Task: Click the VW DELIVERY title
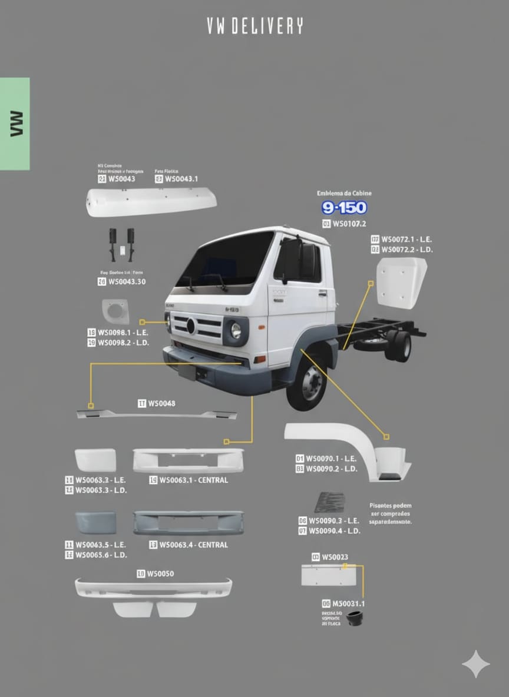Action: (x=254, y=26)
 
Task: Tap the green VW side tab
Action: (x=15, y=124)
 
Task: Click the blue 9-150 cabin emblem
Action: (x=344, y=208)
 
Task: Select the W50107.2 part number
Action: (x=349, y=224)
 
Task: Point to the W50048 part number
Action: (x=161, y=403)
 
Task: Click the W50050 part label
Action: (x=160, y=573)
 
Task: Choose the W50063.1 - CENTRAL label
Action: (x=193, y=480)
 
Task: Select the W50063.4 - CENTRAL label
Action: (x=193, y=545)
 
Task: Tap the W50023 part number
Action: (x=334, y=557)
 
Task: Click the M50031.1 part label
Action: (x=348, y=603)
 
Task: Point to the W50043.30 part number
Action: (x=127, y=282)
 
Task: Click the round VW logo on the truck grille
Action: (x=190, y=326)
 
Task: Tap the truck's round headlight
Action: (x=236, y=331)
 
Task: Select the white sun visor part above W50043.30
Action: (x=151, y=202)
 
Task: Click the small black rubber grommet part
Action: (x=355, y=619)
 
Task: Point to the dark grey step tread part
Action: (x=329, y=502)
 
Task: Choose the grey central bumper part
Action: (x=188, y=522)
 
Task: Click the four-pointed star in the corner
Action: (x=475, y=664)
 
